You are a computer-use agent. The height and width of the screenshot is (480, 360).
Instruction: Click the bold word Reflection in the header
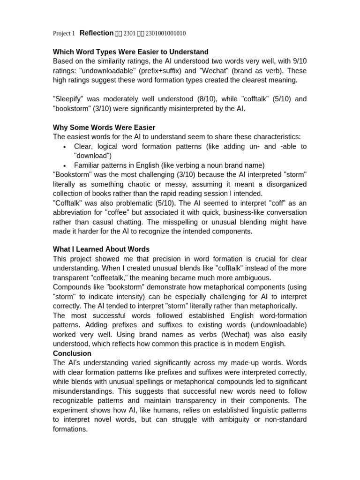97,33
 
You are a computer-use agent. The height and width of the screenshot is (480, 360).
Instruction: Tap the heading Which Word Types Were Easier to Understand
131,52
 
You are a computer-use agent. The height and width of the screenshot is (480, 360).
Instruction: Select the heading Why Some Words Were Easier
104,127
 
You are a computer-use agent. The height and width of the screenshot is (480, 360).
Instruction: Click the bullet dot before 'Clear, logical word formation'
64,147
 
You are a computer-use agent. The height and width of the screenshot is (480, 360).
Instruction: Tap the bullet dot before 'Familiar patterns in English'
64,165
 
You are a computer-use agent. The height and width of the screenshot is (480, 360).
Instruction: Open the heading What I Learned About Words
101,249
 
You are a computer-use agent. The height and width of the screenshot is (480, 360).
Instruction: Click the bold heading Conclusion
72,353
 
